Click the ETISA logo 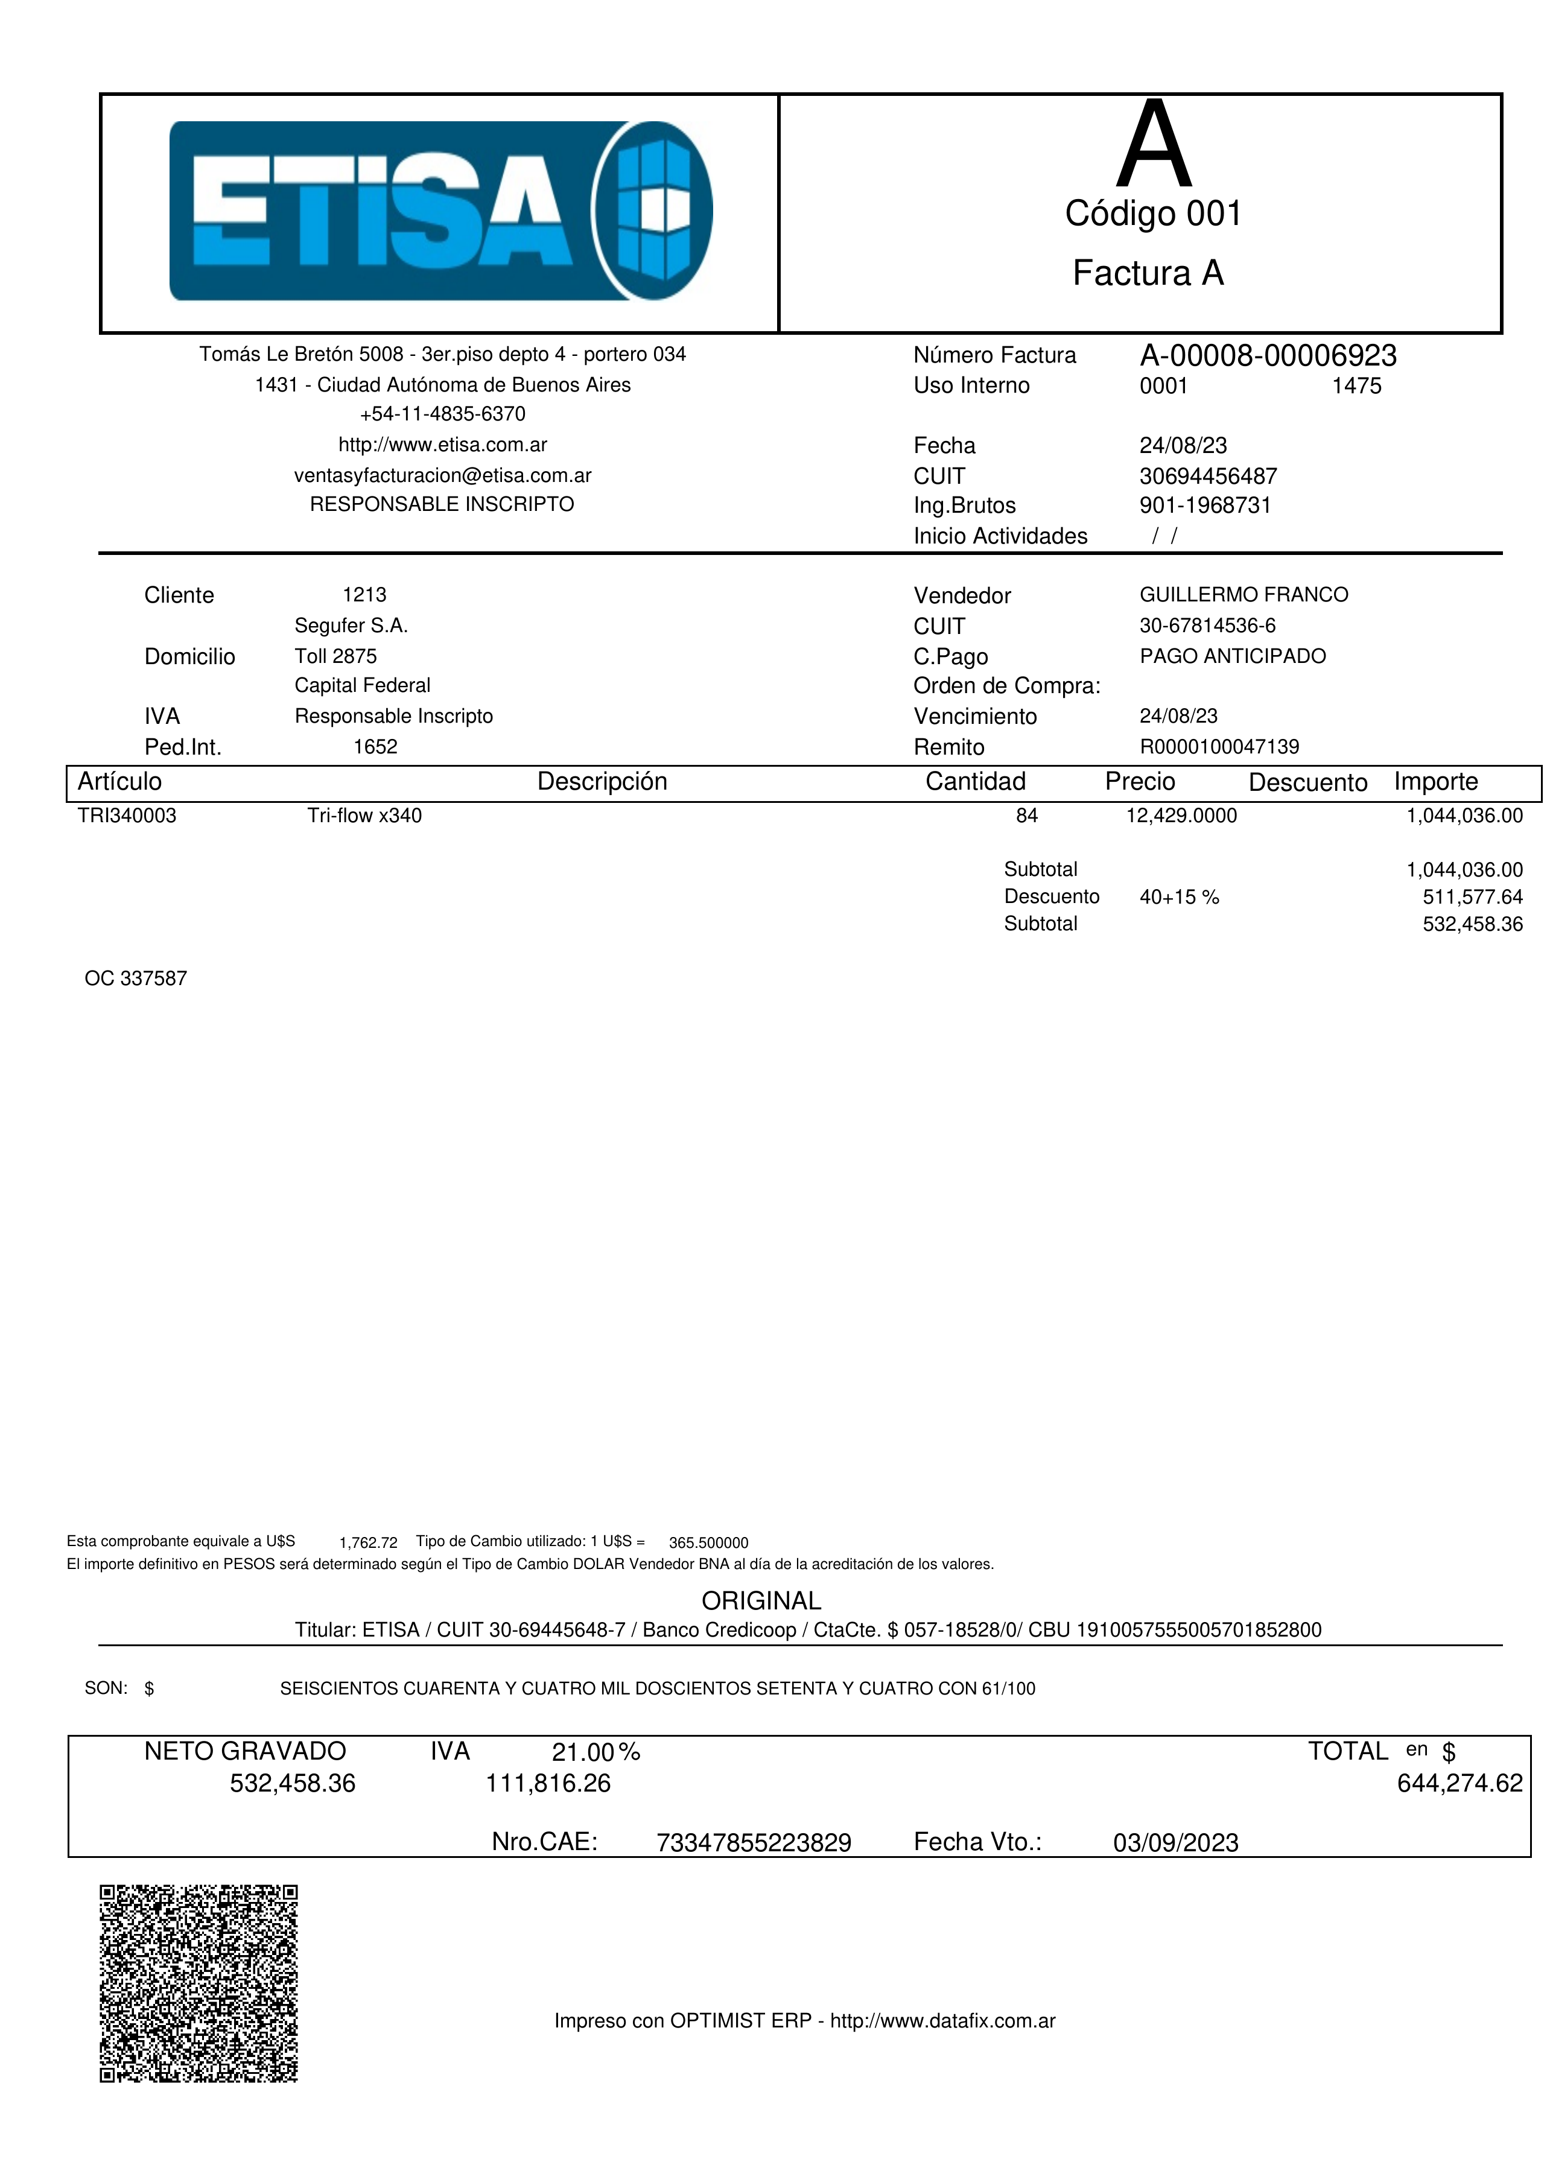(441, 211)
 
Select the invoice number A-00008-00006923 (1268, 356)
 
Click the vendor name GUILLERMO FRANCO (1243, 595)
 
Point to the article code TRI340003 (127, 816)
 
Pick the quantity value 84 (1027, 816)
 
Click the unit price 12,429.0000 (1181, 816)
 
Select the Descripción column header (602, 782)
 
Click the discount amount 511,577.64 (1473, 897)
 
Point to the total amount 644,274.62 (1459, 1784)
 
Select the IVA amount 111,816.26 (548, 1784)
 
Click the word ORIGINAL (761, 1600)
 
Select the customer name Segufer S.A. (351, 626)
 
